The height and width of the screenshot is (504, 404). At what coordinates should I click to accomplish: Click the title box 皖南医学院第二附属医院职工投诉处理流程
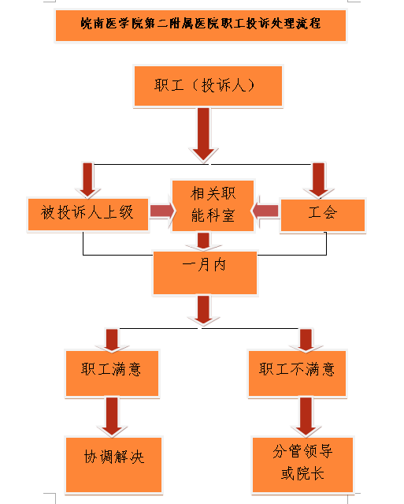pos(201,25)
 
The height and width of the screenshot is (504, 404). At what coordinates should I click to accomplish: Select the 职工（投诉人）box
pos(208,86)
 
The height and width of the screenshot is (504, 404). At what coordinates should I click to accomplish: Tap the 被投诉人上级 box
pos(88,215)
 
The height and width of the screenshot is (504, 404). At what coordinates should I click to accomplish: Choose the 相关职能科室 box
pos(213,206)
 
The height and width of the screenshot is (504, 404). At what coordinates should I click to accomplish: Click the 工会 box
pos(323,215)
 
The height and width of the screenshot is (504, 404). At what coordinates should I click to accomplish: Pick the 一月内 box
pos(205,273)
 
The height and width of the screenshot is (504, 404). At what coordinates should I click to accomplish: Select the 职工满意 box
pos(112,373)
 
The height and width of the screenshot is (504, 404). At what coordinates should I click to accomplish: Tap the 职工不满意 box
pos(297,373)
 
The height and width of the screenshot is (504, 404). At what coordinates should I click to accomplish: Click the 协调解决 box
pos(113,465)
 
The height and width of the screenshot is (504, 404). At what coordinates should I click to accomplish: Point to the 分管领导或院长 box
pos(302,465)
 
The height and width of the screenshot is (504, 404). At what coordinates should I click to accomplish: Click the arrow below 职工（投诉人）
pos(203,135)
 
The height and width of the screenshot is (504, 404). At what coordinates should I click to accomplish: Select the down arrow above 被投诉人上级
pos(87,181)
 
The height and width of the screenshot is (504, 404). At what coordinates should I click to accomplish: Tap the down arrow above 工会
pos(318,181)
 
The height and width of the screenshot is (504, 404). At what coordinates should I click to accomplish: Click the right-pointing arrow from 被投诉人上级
pos(162,211)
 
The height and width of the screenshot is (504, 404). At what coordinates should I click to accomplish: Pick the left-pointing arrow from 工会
pos(265,211)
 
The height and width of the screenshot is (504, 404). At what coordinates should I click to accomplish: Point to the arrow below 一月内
pos(203,311)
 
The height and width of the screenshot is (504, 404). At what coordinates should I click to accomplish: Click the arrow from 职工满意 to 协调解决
pos(112,417)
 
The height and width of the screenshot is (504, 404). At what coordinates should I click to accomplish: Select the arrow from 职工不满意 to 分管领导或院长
pos(306,417)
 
